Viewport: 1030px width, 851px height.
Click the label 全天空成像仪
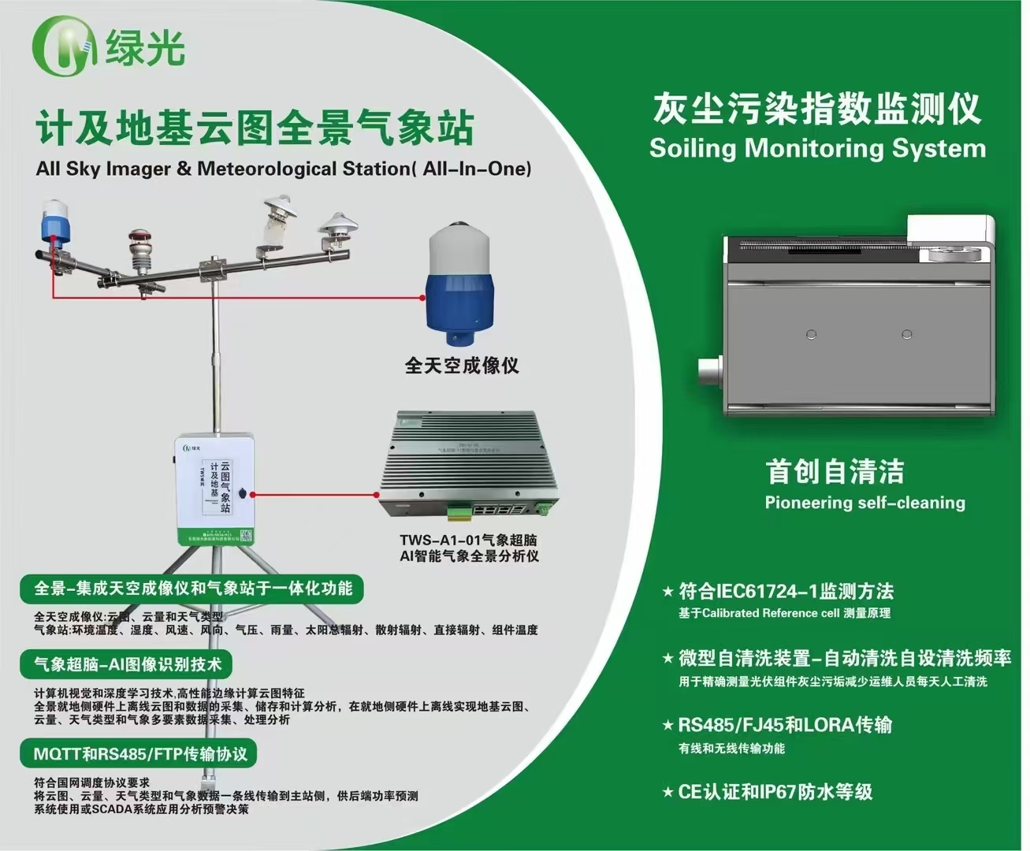[x=462, y=366]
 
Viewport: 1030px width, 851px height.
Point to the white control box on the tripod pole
[x=215, y=489]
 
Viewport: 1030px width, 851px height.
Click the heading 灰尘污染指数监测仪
[x=816, y=109]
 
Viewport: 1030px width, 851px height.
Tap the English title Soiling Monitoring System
[x=817, y=148]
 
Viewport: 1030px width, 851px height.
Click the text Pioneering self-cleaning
[x=865, y=503]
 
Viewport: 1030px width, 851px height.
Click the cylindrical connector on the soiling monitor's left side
[x=711, y=373]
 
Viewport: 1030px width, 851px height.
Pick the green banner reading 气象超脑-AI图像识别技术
[x=127, y=665]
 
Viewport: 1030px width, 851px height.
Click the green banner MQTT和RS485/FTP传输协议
[x=139, y=754]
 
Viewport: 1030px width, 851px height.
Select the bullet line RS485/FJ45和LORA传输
[x=785, y=725]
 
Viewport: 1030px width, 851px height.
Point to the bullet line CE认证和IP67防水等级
[x=775, y=792]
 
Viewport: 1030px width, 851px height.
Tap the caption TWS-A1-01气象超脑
[x=468, y=541]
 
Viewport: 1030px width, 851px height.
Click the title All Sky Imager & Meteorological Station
[x=284, y=169]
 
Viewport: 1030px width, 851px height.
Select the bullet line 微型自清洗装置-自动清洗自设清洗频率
[x=844, y=658]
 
